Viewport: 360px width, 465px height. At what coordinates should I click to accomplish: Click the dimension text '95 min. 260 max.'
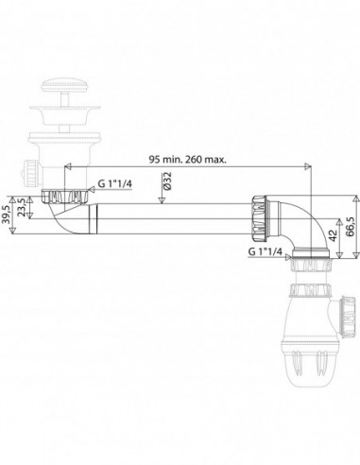(187, 160)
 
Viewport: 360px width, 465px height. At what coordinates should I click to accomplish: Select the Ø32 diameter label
(166, 181)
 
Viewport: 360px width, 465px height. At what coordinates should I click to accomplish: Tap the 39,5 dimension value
(6, 215)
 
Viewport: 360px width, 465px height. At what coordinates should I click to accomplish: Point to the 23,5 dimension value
(22, 207)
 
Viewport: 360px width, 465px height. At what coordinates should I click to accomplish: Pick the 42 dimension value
(333, 235)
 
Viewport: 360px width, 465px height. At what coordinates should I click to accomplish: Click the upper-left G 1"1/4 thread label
(114, 184)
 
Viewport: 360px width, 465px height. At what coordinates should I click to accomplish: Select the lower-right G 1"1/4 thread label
(266, 251)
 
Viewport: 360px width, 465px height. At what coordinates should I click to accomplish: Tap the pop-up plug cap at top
(65, 85)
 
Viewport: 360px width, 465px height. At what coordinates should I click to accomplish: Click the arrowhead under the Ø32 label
(162, 200)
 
